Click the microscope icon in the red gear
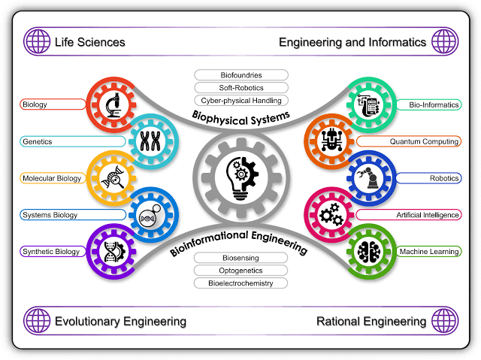(113, 105)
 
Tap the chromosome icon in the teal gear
(150, 141)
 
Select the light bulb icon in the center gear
(242, 178)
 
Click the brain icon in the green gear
(368, 252)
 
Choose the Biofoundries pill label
(241, 75)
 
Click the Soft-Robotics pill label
(241, 88)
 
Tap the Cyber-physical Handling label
(241, 101)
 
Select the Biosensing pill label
(240, 258)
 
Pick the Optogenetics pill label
(240, 271)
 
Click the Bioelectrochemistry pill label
(240, 283)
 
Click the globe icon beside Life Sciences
(37, 41)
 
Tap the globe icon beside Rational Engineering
(444, 321)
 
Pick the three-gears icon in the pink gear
(331, 215)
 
